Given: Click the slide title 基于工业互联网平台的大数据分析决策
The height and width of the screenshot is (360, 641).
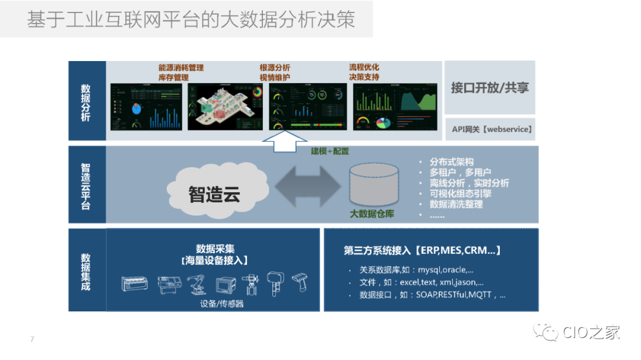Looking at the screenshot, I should pos(191,19).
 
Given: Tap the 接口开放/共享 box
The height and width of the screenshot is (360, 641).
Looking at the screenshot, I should pos(490,87).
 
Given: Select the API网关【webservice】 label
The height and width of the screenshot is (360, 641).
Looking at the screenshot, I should pos(490,129).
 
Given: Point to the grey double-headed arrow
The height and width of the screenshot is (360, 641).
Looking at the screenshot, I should pos(307,185).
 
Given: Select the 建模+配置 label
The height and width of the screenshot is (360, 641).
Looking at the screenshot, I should pos(330,152).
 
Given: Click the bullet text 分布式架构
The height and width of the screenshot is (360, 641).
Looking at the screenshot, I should pos(452,162).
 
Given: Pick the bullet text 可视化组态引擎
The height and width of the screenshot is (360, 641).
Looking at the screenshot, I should pos(460,194).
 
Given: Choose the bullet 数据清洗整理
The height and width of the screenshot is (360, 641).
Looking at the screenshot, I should pos(456,205).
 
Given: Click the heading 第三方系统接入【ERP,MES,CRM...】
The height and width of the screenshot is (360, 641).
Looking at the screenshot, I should pos(422,250).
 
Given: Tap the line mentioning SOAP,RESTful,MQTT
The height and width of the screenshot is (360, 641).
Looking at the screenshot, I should pos(432,295).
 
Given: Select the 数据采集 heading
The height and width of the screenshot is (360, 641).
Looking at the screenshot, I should pos(214,249).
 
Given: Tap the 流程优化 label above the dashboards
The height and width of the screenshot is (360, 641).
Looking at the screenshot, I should pos(364,67).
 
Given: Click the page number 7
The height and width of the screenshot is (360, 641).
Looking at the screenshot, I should pos(32,340).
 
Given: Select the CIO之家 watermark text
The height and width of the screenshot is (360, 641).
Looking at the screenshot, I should pos(591,332).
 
